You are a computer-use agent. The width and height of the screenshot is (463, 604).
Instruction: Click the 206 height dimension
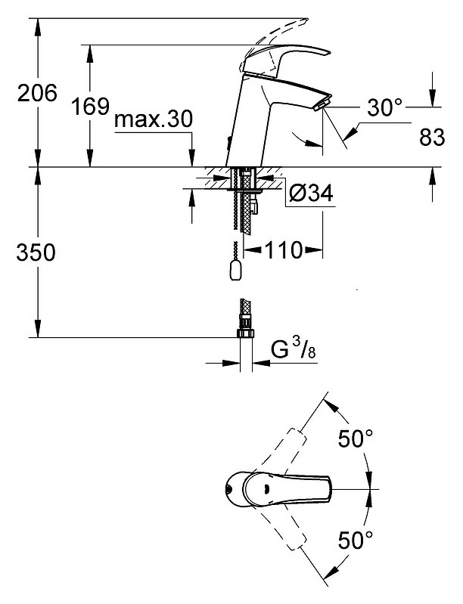pyautogui.click(x=37, y=93)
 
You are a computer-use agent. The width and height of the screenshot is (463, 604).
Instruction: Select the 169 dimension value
pyautogui.click(x=90, y=107)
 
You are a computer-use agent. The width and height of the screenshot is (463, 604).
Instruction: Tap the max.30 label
pyautogui.click(x=154, y=119)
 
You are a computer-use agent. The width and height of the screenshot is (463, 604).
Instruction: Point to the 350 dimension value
pyautogui.click(x=36, y=252)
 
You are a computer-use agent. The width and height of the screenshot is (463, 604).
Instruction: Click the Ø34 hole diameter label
pyautogui.click(x=310, y=194)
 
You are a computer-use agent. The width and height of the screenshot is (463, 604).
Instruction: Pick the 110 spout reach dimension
pyautogui.click(x=283, y=250)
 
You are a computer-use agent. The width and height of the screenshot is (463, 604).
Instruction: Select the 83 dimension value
pyautogui.click(x=432, y=137)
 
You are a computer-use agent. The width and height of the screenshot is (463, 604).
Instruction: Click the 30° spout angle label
pyautogui.click(x=384, y=107)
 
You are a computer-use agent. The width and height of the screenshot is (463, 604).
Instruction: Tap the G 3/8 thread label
pyautogui.click(x=293, y=349)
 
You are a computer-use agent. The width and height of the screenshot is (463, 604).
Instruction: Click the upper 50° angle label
pyautogui.click(x=356, y=438)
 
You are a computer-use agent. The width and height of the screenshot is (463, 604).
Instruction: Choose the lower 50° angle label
pyautogui.click(x=356, y=540)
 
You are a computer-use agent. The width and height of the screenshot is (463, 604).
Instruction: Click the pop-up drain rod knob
pyautogui.click(x=235, y=270)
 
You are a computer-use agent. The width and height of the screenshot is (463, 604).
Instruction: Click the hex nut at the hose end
pyautogui.click(x=246, y=333)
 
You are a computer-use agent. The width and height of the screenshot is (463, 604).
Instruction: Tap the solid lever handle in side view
pyautogui.click(x=284, y=59)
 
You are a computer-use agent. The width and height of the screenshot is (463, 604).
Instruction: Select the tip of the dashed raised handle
pyautogui.click(x=307, y=19)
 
